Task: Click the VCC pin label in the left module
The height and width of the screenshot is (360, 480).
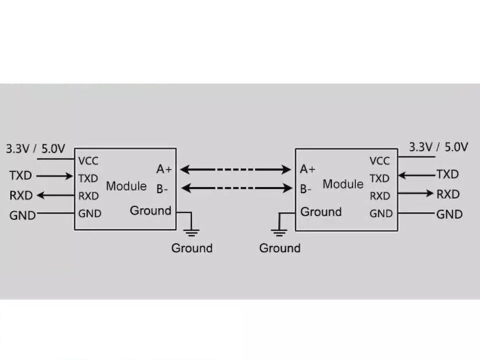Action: tap(88, 161)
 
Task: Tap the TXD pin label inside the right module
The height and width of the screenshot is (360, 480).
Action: tap(379, 178)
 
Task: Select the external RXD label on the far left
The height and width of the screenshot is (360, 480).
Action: tap(22, 195)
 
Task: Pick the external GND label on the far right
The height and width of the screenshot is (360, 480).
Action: tap(449, 214)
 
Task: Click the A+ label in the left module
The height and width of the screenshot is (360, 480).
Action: tap(164, 170)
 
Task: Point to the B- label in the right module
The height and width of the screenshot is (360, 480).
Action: tap(306, 189)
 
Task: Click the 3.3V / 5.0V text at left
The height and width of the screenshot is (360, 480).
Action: tap(35, 148)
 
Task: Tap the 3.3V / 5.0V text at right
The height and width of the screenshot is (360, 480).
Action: tap(439, 146)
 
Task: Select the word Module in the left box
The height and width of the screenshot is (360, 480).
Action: tap(126, 186)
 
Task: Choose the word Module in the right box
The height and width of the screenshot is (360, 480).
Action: tap(343, 184)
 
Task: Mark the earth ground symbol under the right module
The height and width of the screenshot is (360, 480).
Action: tap(280, 232)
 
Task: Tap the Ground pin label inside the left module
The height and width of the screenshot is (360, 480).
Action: tap(151, 210)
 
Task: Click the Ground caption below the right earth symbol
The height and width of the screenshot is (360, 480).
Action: tap(280, 249)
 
